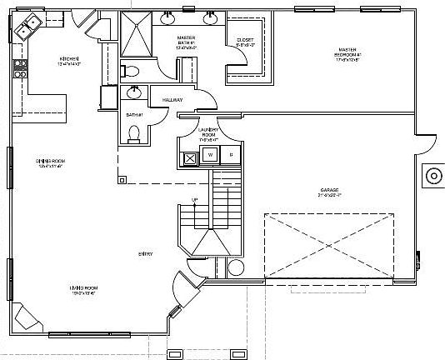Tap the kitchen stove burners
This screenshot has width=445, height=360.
tap(17, 72)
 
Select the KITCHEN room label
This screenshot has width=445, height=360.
tap(69, 59)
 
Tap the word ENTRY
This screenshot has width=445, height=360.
tap(145, 253)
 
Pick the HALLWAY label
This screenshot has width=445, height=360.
tap(173, 100)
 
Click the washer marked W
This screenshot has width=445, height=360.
tap(211, 155)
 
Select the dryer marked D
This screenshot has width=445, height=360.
tap(231, 155)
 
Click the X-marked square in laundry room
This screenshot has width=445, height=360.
tap(190, 156)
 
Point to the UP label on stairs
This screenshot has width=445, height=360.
tap(195, 200)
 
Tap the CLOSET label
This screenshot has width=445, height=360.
tap(245, 39)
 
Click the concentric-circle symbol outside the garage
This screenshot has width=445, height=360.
tap(433, 176)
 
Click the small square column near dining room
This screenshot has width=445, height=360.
tap(122, 178)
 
